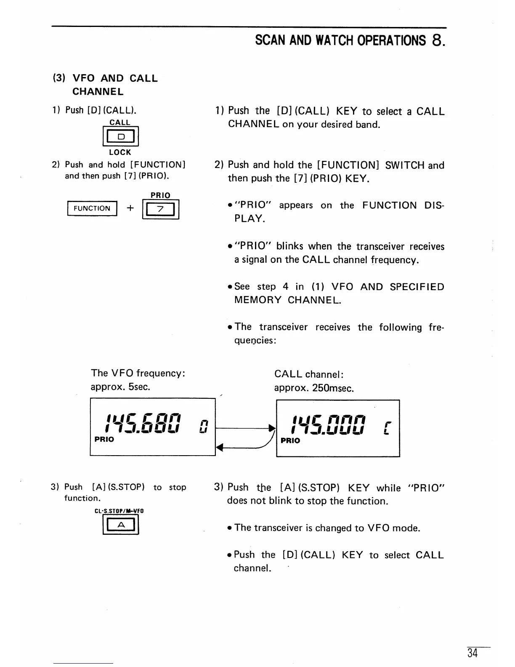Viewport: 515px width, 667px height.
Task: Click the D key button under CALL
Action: coord(121,136)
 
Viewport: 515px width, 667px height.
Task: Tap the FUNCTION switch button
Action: coord(92,208)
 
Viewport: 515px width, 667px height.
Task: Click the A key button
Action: coord(121,525)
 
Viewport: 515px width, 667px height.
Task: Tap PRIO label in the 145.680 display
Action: coord(104,439)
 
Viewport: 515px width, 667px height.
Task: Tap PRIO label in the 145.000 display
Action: coord(290,440)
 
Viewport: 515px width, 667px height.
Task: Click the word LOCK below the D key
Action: coord(120,152)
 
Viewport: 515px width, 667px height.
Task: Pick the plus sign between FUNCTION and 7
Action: coord(130,208)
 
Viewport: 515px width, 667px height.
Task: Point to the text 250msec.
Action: coord(333,388)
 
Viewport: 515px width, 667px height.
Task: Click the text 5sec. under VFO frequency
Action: coord(139,387)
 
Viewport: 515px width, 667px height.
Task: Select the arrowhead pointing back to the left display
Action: coord(219,449)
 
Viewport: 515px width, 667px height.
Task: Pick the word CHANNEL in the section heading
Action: coord(98,92)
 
